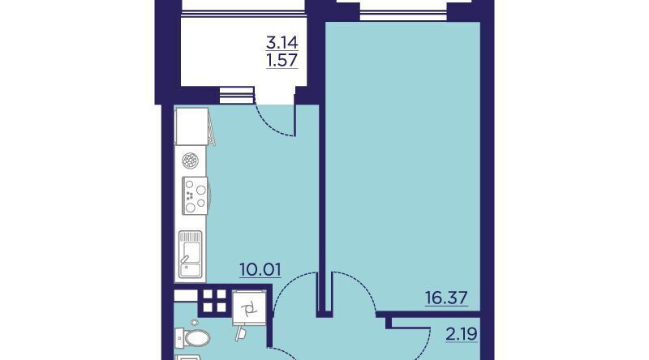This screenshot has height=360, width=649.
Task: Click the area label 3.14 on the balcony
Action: click(282, 42)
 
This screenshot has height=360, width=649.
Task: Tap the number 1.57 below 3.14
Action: click(282, 61)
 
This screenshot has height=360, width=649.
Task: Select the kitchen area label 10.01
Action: click(260, 270)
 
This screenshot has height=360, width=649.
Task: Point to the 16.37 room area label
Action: click(446, 298)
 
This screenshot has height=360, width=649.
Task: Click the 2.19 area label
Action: click(462, 333)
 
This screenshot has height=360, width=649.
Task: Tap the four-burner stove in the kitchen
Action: click(195, 195)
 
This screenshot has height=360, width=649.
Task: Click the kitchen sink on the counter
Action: click(191, 254)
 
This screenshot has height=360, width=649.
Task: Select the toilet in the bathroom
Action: click(192, 338)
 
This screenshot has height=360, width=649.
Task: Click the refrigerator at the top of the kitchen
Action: click(191, 126)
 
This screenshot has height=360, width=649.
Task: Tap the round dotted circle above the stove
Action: click(191, 161)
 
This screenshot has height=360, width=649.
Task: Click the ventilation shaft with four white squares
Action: click(214, 301)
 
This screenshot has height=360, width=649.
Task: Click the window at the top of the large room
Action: click(403, 11)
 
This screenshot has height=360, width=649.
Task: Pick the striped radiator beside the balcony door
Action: click(236, 95)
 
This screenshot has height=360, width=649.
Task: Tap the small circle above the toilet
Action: click(195, 322)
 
